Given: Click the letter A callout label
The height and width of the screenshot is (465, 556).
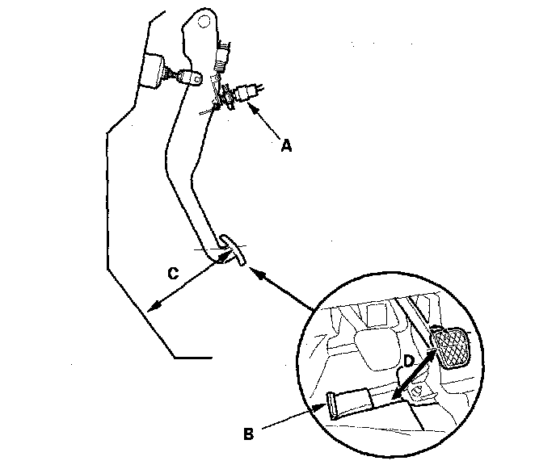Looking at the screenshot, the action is click(284, 146).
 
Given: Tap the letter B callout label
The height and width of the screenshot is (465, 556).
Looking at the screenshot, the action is click(250, 433).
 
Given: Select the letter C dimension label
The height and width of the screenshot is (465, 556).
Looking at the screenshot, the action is click(173, 274).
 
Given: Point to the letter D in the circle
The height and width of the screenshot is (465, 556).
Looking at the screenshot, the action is click(410, 360).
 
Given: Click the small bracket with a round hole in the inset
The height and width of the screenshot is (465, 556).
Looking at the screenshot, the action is click(417, 392).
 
